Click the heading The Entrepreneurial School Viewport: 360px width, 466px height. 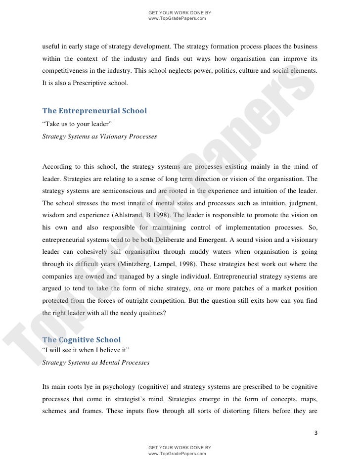pos(95,111)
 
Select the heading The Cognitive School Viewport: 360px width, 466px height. pos(81,340)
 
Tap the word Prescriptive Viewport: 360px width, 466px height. pos(91,85)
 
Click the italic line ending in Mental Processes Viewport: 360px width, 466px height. pos(96,363)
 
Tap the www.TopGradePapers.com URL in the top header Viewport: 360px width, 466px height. pos(177,19)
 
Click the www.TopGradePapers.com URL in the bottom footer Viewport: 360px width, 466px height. pos(177,453)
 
